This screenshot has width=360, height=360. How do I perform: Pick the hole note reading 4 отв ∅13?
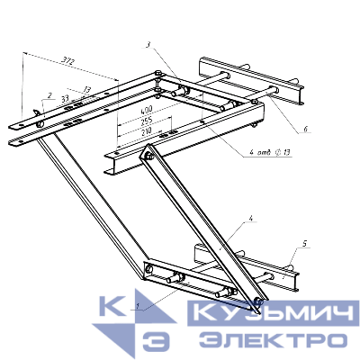click(269, 153)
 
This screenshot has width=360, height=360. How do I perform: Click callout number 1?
click(136, 308)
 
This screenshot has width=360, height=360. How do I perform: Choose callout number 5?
click(306, 243)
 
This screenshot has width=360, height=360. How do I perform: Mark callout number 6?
click(305, 130)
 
